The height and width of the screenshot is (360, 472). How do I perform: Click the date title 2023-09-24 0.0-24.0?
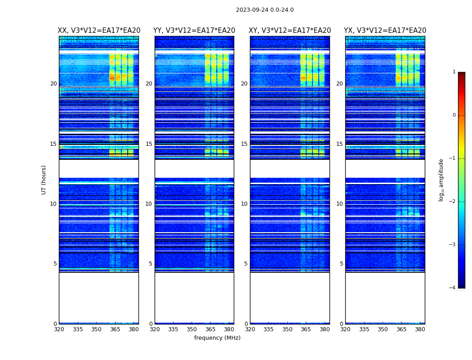click(x=265, y=10)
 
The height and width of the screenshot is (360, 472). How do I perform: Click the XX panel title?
click(x=99, y=31)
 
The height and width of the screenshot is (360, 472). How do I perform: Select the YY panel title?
click(x=194, y=31)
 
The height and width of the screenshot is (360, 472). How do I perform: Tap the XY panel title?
click(x=290, y=31)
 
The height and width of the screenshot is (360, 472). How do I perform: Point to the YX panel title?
click(x=385, y=31)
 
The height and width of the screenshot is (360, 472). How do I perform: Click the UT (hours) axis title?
click(x=44, y=180)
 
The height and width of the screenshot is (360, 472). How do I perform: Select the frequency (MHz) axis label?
click(x=217, y=338)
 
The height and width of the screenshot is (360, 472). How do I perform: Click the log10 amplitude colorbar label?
click(x=441, y=180)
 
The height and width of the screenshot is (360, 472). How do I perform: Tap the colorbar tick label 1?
click(x=454, y=72)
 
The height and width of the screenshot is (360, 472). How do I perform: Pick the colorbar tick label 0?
click(x=454, y=115)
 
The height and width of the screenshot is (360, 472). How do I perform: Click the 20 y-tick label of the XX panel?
click(x=53, y=84)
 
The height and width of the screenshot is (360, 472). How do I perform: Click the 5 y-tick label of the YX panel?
click(x=341, y=264)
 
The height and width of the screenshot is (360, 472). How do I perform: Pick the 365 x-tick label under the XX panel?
click(x=115, y=329)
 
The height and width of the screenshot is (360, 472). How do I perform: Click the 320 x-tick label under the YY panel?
click(x=155, y=329)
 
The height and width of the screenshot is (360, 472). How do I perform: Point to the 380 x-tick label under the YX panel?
click(x=420, y=329)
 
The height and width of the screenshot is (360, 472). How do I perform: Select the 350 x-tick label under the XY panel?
click(x=287, y=329)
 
